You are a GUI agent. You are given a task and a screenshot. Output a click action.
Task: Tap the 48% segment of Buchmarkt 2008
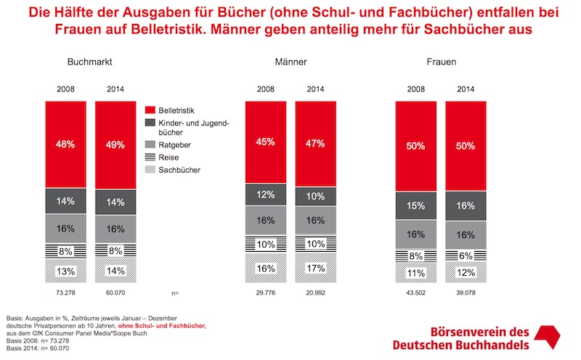pos(66,144)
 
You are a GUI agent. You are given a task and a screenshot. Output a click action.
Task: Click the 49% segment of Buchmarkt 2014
pos(115,144)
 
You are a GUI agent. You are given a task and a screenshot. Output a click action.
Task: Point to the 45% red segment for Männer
pos(265,142)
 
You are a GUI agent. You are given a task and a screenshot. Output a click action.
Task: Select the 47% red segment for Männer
pos(315,142)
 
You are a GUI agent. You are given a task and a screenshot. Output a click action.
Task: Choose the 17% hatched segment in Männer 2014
pos(315,267)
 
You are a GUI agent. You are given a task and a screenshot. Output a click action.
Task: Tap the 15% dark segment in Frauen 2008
pos(415,206)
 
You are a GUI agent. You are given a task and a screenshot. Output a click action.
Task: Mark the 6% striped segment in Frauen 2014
pos(466,255)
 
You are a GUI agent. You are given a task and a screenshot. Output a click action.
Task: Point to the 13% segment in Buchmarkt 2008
pos(66,271)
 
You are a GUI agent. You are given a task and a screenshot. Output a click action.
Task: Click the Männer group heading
pos(290,62)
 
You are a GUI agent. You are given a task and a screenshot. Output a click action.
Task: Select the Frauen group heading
pos(441,62)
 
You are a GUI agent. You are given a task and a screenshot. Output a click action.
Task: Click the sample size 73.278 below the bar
pos(66,293)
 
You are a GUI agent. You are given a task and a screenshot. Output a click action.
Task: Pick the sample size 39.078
pos(466,293)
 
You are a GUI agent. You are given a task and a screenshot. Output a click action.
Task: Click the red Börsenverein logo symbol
pos(550,336)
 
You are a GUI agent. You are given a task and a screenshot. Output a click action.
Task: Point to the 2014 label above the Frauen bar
pos(466,90)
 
